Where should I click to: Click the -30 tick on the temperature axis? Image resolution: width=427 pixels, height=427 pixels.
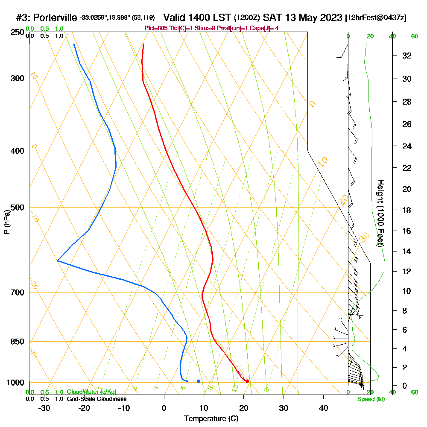44,408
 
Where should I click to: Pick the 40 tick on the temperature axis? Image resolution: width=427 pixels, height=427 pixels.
323,408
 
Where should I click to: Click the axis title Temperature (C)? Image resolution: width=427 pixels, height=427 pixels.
211,419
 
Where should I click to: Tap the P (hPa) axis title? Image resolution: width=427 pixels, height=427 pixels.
6,222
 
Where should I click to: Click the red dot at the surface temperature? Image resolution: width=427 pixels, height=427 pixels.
247,381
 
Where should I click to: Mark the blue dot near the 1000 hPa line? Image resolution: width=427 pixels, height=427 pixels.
199,381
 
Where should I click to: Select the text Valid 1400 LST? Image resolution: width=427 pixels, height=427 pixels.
198,18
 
